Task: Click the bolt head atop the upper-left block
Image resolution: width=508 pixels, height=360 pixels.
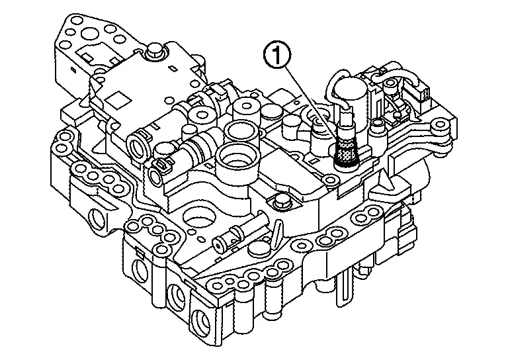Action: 156,50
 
